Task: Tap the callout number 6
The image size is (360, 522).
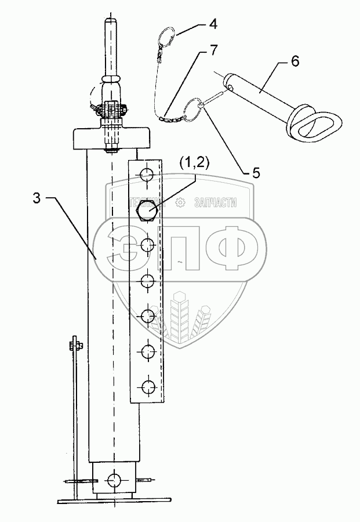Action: pos(295,61)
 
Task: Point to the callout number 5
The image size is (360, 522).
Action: pos(256,173)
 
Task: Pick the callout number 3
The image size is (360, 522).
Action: pos(37,198)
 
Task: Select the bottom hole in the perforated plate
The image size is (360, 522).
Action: pos(148,385)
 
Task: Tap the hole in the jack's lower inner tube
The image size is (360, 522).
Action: pos(114,479)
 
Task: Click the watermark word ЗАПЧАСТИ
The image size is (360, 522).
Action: pos(216,202)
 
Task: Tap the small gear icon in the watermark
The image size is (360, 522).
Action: pos(180,202)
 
